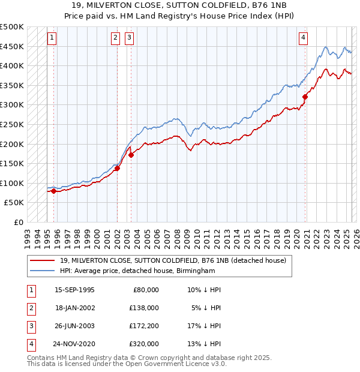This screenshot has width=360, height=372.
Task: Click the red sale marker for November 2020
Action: coord(305,97)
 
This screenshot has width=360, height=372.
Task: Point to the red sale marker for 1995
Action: coord(53,191)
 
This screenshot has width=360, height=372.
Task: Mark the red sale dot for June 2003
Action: coord(131,155)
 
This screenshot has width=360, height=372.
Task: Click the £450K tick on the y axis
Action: coord(12,46)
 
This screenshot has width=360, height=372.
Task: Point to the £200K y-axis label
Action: coord(12,144)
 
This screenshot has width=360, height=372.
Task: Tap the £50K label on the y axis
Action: coord(14,203)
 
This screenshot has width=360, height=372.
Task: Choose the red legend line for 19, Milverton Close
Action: coord(42,261)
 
